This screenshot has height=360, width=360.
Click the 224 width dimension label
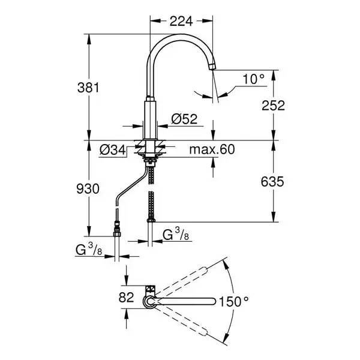181,22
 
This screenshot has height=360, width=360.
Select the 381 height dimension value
88,88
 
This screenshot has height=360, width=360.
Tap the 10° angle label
253,79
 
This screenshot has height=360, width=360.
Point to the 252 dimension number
273,106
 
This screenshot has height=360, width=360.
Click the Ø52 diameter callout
184,119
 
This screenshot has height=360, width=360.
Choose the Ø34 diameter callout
113,150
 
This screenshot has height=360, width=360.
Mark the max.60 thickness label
212,149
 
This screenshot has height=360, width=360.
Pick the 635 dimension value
272,182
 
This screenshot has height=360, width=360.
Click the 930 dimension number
88,189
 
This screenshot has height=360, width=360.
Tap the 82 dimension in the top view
126,298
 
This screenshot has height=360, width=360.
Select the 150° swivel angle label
234,301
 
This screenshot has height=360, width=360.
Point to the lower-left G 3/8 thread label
89,250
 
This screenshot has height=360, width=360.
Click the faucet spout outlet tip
212,68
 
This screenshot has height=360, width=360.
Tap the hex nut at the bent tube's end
117,234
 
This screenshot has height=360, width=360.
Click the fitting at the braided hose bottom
151,220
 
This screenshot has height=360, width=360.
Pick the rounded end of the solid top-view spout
213,301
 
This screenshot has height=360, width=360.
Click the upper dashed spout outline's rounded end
205,270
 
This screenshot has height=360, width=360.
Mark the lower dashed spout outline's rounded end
205,332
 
